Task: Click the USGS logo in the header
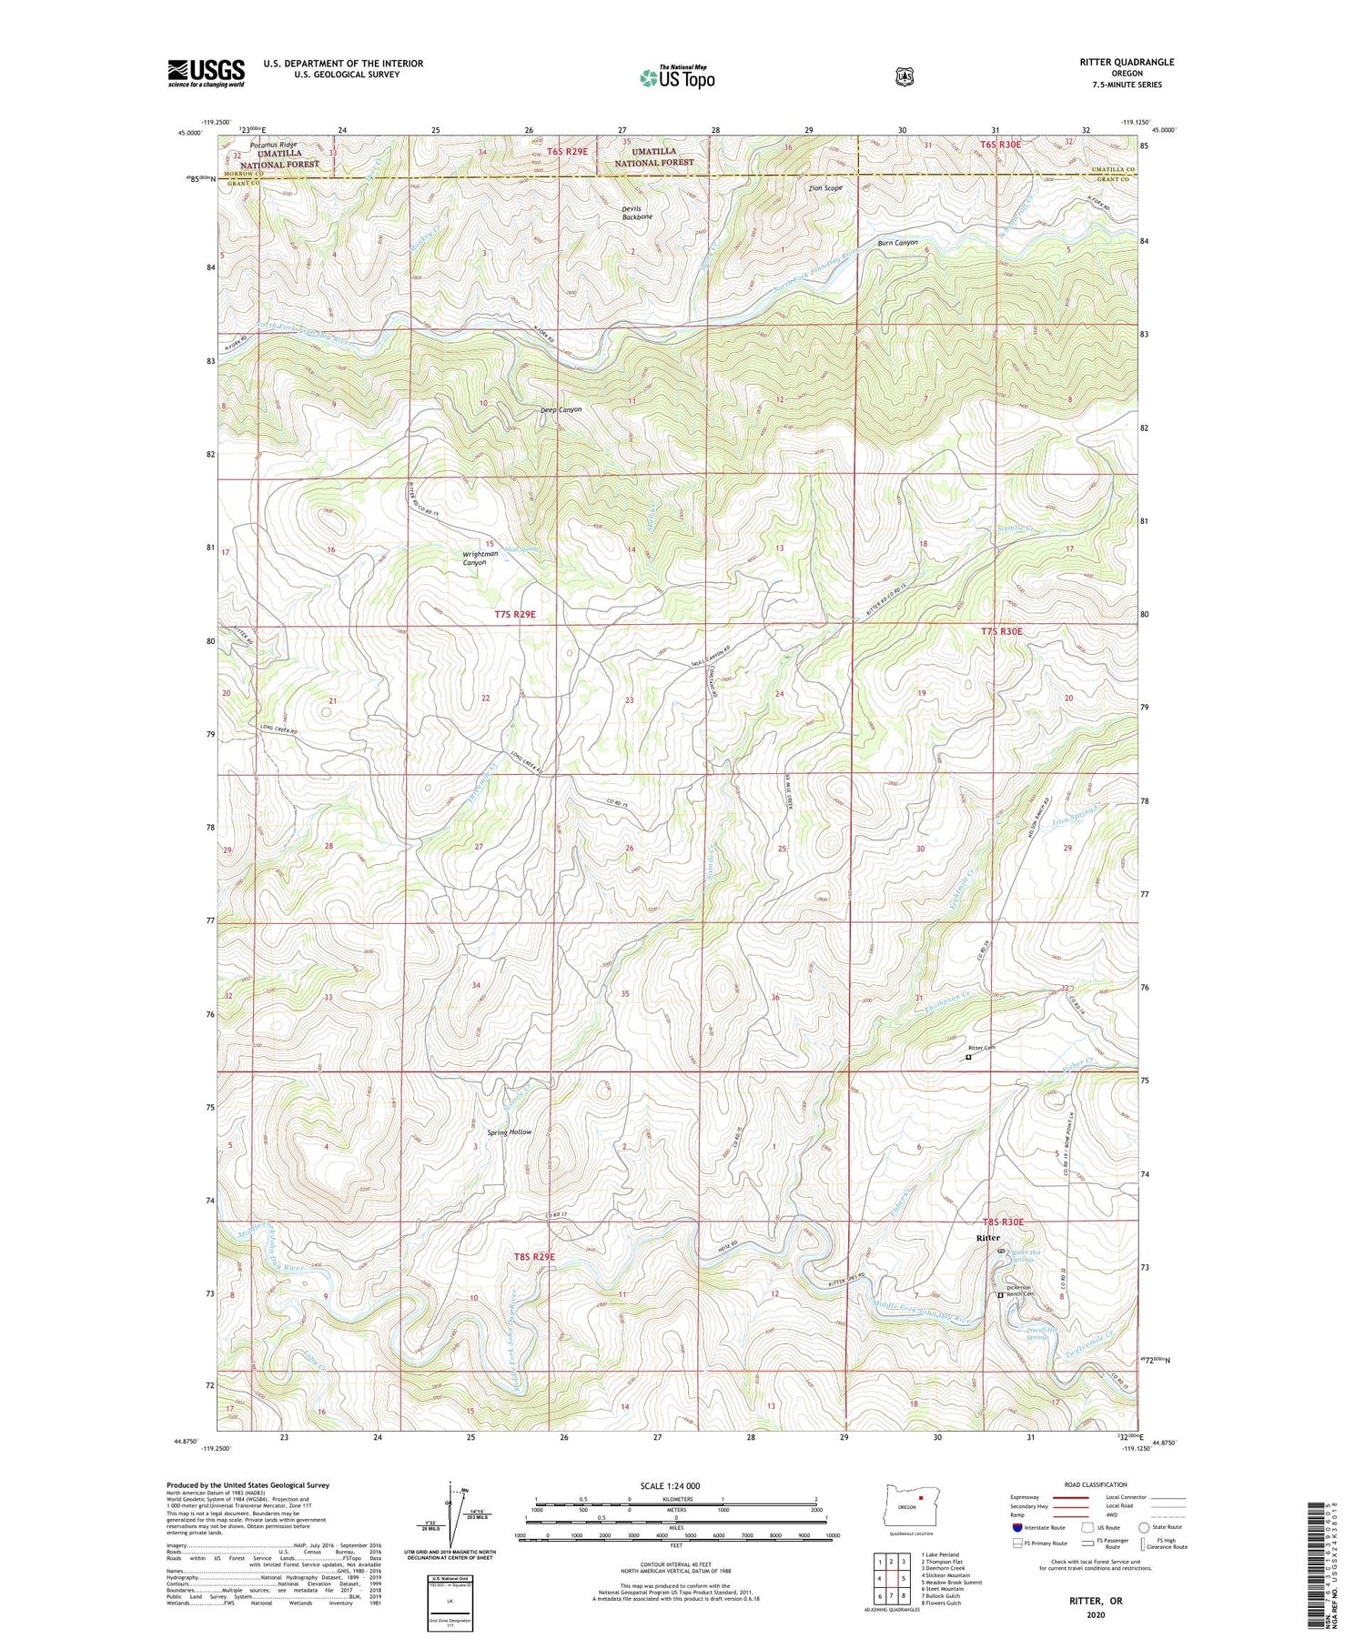(x=206, y=73)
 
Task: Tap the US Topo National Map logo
(x=677, y=77)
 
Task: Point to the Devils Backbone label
(x=637, y=213)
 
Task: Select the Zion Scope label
(x=825, y=188)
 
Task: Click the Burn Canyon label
(x=897, y=243)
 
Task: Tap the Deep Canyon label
(x=561, y=409)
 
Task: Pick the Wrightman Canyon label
(x=480, y=558)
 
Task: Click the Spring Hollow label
(x=509, y=1131)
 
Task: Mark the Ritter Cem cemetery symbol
(x=968, y=1057)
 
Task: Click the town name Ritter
(x=987, y=1238)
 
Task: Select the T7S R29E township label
(x=515, y=615)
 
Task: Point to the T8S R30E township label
(x=1003, y=1222)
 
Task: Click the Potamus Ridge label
(x=274, y=145)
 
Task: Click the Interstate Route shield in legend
(x=1016, y=1527)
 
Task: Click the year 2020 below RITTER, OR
(x=1096, y=1615)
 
